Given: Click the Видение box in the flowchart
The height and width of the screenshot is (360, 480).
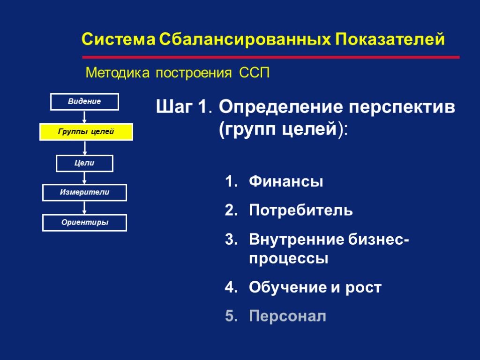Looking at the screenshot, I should pos(84,101).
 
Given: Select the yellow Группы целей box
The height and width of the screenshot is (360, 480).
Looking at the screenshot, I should pos(86,132).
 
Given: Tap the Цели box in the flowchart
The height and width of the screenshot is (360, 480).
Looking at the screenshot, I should pos(84,163).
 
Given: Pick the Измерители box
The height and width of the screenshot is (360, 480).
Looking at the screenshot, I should pos(84,192).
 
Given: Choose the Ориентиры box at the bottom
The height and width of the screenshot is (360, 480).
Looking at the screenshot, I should pos(84,223).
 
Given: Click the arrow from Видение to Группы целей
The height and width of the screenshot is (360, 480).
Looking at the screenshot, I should pos(84,116).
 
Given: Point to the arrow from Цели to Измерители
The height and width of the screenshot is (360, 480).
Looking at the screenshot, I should pos(84,178).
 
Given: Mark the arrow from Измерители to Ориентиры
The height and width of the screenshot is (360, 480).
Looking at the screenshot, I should pos(84,207).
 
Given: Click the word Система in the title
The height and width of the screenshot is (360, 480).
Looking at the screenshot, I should pos(118,40).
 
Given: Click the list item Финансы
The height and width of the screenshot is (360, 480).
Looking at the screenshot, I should pos(286,181).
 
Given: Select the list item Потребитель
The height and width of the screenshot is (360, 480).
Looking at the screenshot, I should pos(301,210).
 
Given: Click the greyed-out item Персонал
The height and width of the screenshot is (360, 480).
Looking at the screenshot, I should pos(287,316).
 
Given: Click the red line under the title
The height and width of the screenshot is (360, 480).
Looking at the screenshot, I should pos(271,57).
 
